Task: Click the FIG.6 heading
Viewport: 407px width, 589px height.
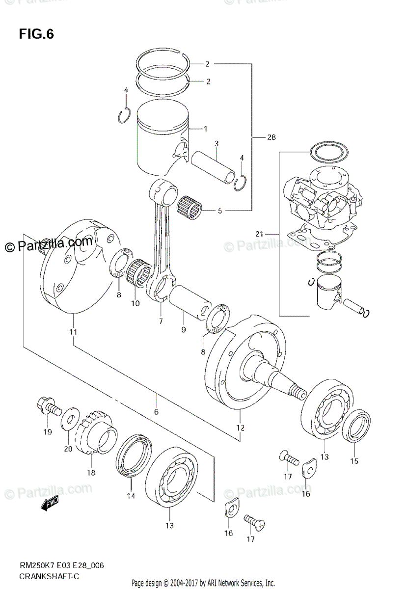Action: [x=36, y=34]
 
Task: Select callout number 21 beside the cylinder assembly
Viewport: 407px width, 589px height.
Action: [x=260, y=233]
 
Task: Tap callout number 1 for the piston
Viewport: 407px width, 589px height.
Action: [x=205, y=129]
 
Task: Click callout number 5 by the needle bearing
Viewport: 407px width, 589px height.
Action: [x=219, y=212]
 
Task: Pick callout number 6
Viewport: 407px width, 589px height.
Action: [x=156, y=412]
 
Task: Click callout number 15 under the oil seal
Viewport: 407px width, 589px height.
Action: [x=354, y=461]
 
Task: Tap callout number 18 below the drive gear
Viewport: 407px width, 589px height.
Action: [x=91, y=473]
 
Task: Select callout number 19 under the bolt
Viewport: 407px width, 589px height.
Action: [x=47, y=432]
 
